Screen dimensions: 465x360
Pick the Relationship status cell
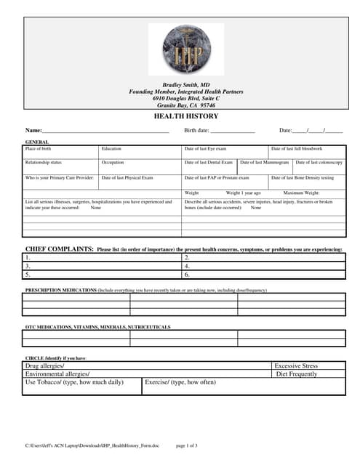pos(61,166)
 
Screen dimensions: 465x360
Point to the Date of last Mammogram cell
pos(265,166)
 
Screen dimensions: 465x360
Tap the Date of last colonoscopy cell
pos(319,166)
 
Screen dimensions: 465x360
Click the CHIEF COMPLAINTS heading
pos(59,249)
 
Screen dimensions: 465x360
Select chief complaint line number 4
pos(263,266)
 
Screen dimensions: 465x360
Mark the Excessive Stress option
pos(297,365)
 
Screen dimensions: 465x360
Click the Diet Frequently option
pos(296,374)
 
